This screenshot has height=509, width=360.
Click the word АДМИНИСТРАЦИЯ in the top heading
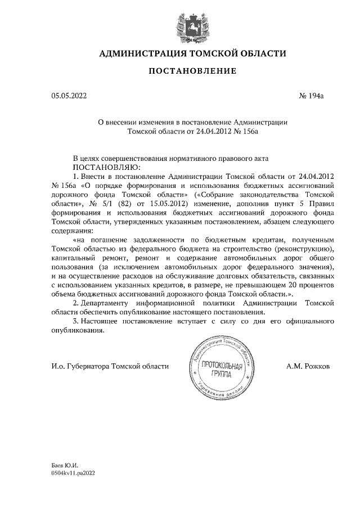pos(142,53)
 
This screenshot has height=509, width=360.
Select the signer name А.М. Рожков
pos(308,366)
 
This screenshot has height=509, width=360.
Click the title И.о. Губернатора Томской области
pos(110,366)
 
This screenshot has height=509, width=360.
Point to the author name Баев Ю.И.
pos(64,466)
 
